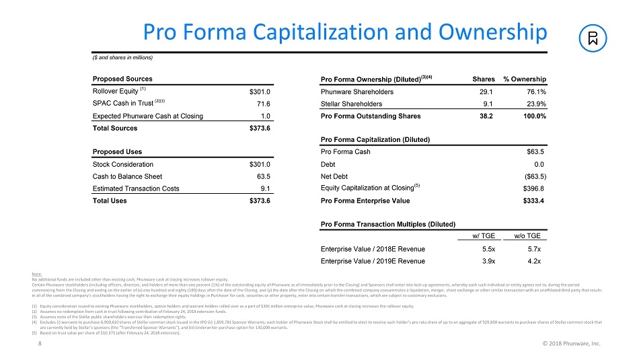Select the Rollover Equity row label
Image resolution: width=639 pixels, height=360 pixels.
[x=114, y=91]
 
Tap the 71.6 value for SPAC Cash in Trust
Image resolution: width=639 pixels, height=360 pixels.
[x=264, y=104]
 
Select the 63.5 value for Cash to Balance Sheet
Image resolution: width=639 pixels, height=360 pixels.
[x=264, y=176]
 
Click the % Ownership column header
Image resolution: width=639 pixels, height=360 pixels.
[x=524, y=79]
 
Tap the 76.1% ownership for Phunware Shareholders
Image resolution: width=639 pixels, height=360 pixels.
[x=534, y=92]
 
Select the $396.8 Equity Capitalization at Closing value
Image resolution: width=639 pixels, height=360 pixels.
[x=533, y=188]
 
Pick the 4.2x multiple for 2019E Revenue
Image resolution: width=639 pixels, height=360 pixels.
[x=536, y=260]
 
